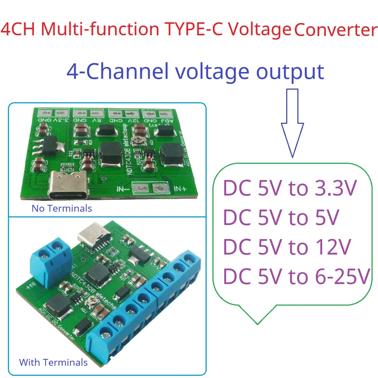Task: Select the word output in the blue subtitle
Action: pos(290,71)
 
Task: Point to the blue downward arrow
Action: pos(292,122)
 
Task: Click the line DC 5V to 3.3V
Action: pos(290,188)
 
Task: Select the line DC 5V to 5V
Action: pos(281,217)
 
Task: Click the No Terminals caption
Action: pos(62,208)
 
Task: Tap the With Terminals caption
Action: pos(53,362)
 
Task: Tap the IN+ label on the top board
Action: pos(180,189)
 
